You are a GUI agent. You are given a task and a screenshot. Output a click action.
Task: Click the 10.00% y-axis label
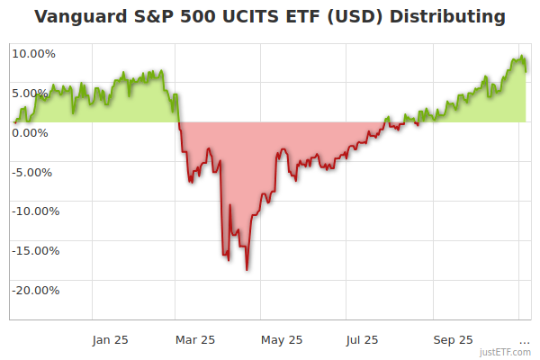click(x=33, y=53)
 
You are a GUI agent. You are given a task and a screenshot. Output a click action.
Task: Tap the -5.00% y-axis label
click(x=33, y=172)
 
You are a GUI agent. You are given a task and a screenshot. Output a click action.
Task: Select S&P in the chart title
click(x=155, y=17)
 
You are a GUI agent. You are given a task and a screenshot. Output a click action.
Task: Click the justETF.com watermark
click(x=506, y=352)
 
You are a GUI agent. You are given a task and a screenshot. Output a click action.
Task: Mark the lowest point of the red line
click(x=247, y=270)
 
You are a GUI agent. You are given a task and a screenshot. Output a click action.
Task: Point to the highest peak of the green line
click(x=523, y=56)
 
